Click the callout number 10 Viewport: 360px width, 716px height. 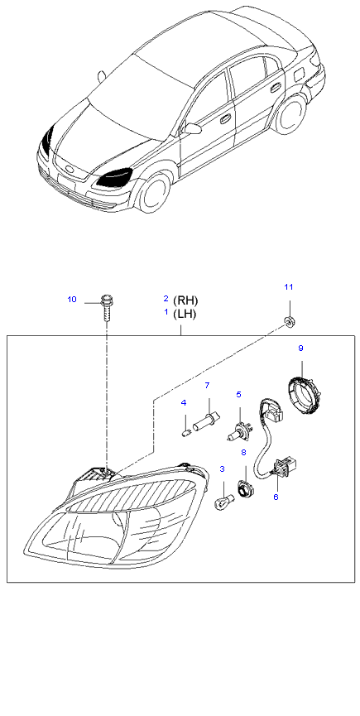(x=72, y=300)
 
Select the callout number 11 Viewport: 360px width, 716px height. (x=288, y=286)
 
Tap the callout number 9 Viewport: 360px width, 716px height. (x=300, y=348)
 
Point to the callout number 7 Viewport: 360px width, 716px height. (x=207, y=386)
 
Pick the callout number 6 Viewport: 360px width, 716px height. (x=276, y=497)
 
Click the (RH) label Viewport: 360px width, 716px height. (x=185, y=300)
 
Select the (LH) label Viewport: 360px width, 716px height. (x=185, y=315)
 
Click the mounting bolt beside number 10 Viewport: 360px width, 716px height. (x=106, y=307)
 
